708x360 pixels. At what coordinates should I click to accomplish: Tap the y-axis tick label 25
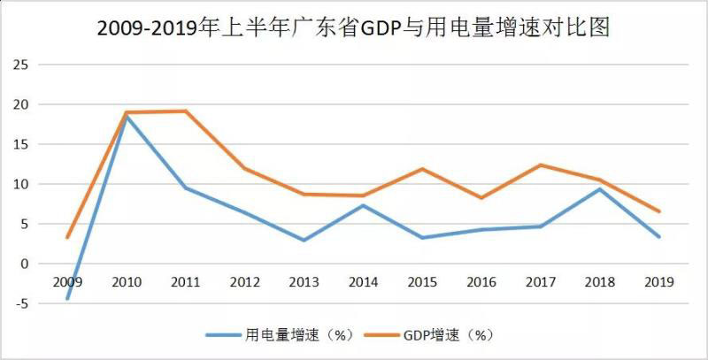19,65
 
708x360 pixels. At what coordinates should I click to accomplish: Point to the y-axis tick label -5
19,303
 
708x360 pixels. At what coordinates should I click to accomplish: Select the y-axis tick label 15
19,144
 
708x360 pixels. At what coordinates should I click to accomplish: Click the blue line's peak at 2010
127,116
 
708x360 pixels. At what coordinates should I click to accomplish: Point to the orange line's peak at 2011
186,111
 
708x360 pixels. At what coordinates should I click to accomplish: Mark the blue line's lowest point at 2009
67,299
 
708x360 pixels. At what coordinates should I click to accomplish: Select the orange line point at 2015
422,169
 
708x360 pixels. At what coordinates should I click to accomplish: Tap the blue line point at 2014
363,205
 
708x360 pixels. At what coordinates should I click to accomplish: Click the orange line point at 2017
541,165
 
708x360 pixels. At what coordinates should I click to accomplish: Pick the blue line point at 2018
599,189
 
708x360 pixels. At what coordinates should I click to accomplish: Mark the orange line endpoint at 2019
658,211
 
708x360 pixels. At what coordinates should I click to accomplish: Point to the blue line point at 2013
304,240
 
